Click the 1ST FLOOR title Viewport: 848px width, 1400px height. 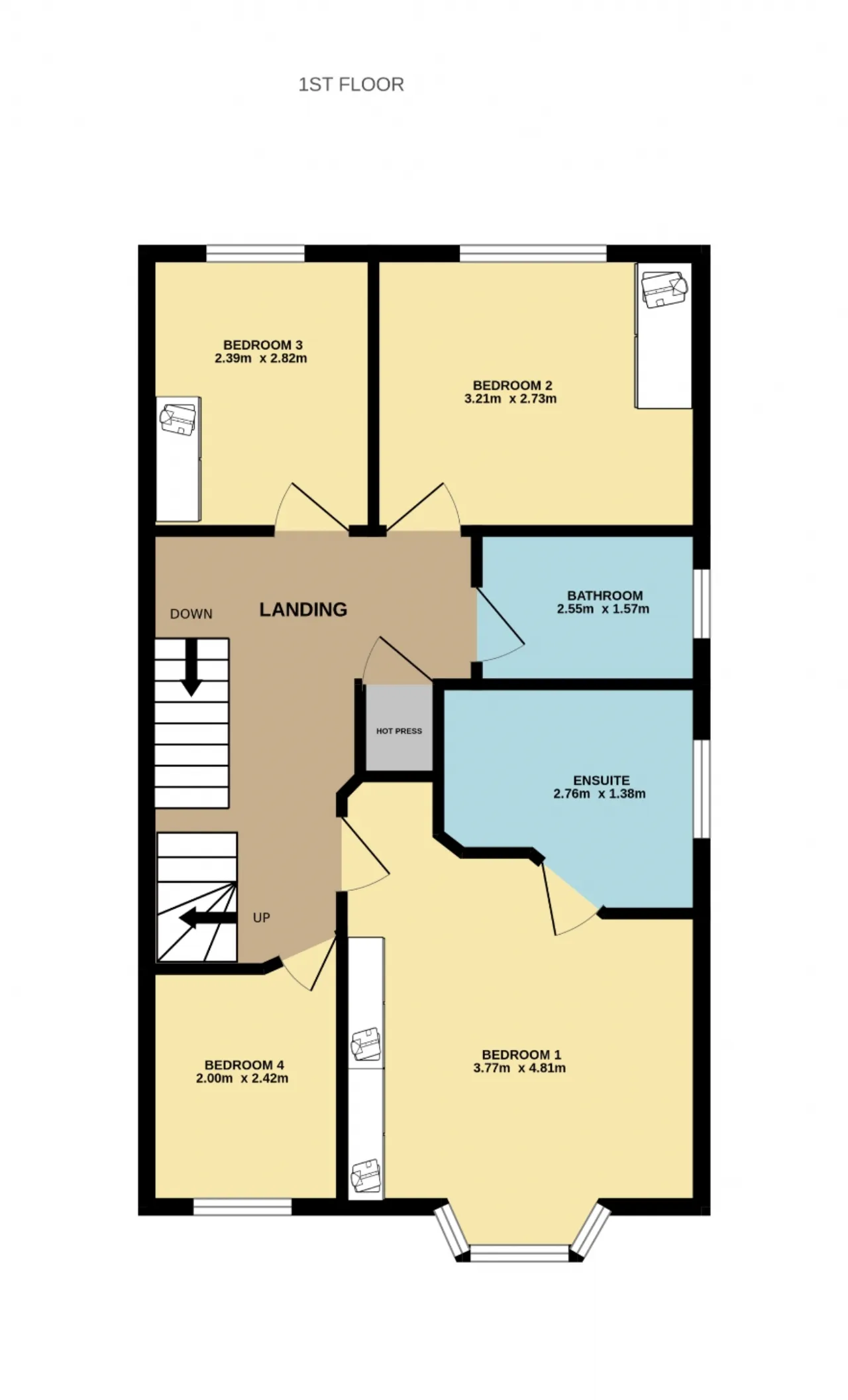351,85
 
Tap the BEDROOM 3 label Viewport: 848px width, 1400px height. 263,345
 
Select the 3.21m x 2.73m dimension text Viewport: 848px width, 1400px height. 510,399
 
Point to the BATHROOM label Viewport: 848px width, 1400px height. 605,595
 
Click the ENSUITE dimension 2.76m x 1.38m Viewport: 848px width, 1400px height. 600,793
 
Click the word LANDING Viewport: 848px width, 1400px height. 303,609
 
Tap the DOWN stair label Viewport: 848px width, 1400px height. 191,614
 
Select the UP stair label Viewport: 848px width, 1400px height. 262,917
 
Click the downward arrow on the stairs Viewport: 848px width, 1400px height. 191,668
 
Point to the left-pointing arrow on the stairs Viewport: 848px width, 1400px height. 208,918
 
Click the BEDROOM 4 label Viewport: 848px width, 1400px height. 244,1065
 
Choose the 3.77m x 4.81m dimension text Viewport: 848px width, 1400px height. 519,1068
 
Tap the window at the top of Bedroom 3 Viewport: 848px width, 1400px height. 256,253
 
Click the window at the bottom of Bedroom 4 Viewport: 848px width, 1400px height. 242,1207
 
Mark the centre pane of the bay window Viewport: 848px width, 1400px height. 519,1253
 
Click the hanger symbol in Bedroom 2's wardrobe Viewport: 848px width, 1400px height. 664,288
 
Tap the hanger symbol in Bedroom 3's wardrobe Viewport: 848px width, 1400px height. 178,419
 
